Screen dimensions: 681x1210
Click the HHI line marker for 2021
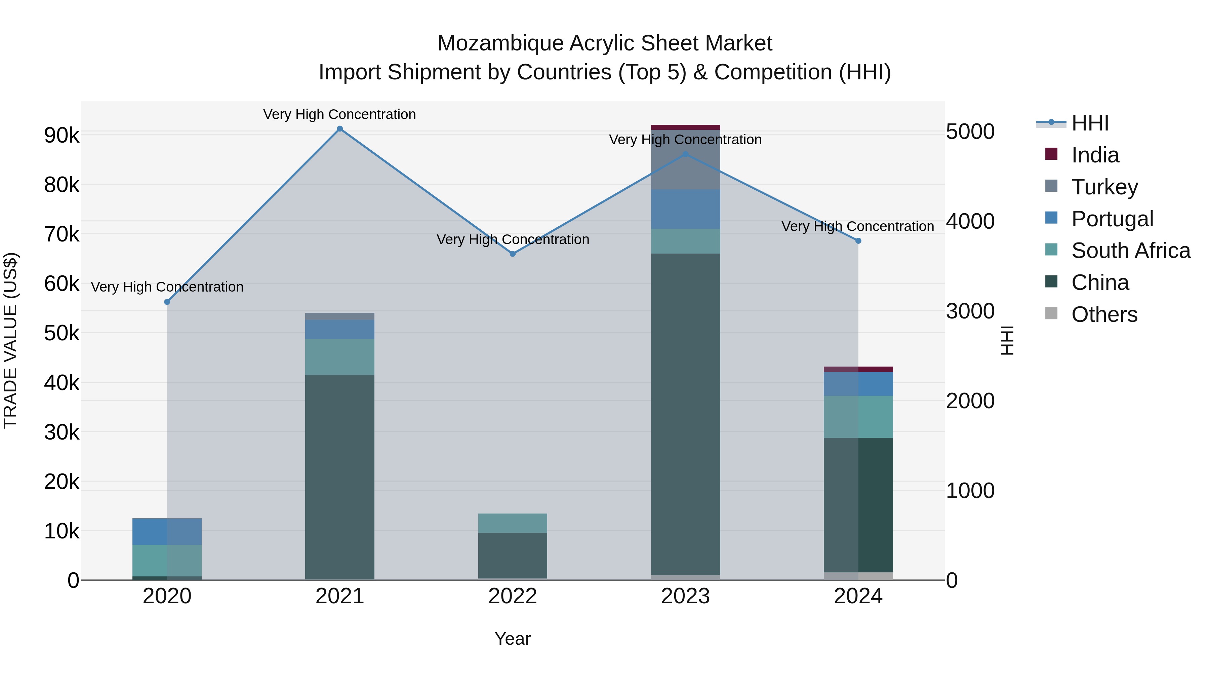click(x=339, y=129)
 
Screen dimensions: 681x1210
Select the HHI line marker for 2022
click(x=513, y=254)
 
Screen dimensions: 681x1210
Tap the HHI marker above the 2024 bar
click(x=858, y=241)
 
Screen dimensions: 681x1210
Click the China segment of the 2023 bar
click(x=685, y=414)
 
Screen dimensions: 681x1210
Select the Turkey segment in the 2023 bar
click(x=685, y=160)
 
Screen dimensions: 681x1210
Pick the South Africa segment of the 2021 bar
click(x=339, y=357)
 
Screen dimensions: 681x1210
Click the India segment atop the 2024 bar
click(x=858, y=369)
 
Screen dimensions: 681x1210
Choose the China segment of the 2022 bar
click(x=513, y=555)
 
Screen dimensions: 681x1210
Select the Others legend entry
click(x=1104, y=314)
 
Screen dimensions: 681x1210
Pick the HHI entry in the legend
click(x=1089, y=123)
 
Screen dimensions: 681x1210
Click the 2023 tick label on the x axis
click(x=685, y=596)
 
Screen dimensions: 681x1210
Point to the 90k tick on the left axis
click(x=62, y=135)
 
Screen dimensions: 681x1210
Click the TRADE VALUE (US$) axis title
click(x=10, y=340)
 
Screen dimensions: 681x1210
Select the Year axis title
click(x=513, y=639)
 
